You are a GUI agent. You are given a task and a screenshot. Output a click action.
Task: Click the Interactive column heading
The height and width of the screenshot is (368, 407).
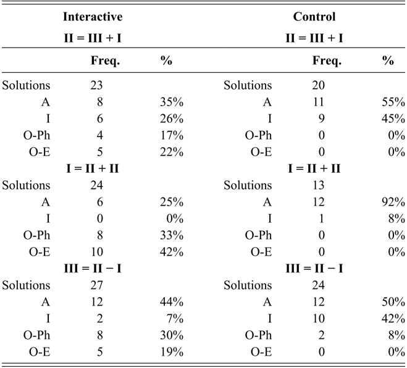(x=93, y=17)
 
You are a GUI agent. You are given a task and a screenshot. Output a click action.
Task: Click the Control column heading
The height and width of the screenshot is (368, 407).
(x=314, y=17)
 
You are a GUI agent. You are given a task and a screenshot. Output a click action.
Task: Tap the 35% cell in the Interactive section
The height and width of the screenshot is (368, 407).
(x=172, y=102)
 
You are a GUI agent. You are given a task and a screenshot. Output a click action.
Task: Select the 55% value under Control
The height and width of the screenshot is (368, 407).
(x=393, y=102)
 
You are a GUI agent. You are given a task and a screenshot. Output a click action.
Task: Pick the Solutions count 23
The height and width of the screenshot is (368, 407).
(x=96, y=85)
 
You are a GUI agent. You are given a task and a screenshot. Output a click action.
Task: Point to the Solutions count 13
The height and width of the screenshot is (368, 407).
(x=318, y=185)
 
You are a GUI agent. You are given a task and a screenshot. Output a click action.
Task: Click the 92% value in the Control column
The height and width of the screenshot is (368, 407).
(x=393, y=202)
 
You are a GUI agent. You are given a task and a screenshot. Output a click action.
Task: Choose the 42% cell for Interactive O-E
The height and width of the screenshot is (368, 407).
(x=172, y=252)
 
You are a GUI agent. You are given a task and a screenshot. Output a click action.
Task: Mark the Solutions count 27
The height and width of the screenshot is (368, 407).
(x=96, y=285)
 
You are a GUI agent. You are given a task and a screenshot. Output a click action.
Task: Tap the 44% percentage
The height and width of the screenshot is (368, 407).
(x=172, y=302)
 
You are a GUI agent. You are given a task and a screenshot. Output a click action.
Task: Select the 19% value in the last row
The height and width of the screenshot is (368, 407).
(x=172, y=352)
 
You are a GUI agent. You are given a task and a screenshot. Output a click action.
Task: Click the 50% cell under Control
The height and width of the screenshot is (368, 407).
(x=393, y=302)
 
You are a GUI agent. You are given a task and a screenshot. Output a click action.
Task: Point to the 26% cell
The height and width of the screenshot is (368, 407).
(x=172, y=119)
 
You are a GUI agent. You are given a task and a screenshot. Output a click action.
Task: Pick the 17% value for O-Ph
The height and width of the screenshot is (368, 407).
(x=172, y=135)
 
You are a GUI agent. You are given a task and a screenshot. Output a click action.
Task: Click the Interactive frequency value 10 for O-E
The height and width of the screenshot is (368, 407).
(x=96, y=252)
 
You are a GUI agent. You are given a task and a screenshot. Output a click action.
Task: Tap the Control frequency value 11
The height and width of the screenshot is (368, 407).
(x=318, y=102)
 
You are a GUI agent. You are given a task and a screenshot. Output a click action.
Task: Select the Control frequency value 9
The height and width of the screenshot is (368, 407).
(x=321, y=119)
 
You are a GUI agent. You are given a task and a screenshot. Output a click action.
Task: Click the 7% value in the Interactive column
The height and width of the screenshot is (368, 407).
(x=175, y=319)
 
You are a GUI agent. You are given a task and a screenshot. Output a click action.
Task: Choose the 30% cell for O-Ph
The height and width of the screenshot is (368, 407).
(x=172, y=335)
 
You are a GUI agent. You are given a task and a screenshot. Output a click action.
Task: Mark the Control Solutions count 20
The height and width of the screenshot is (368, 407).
(x=318, y=85)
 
